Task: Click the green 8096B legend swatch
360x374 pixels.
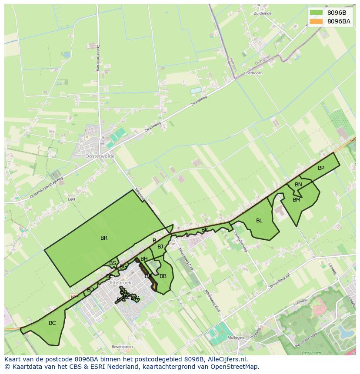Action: [316, 13]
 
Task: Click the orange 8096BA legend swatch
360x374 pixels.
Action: [316, 21]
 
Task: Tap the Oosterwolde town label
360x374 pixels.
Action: [100, 156]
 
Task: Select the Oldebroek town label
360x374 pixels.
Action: [119, 282]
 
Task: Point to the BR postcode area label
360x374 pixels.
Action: [104, 238]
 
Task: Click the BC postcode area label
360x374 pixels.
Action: [52, 323]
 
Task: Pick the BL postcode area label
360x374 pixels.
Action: [259, 221]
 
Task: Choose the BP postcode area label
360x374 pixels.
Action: [321, 168]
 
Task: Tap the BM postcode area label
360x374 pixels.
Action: [297, 200]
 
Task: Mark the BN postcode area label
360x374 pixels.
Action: [298, 185]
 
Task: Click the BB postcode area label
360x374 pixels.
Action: [163, 276]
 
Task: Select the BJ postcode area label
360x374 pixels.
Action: [160, 247]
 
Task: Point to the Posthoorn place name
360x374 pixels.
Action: [253, 73]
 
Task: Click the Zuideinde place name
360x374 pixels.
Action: [263, 13]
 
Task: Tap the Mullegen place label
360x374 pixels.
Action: [236, 337]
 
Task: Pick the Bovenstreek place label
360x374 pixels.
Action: [122, 347]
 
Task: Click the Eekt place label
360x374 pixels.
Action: [72, 199]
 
